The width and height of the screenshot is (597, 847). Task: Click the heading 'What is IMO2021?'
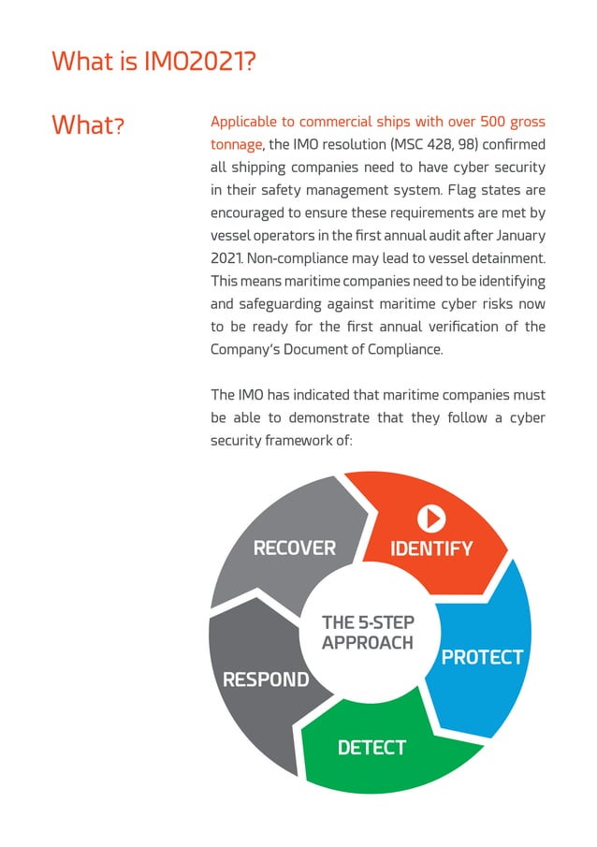154,62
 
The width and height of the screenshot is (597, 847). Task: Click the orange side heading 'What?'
90,124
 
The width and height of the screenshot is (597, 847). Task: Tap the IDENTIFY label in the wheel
431,548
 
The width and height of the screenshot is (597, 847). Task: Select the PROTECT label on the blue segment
482,657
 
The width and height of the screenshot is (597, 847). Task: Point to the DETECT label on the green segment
371,747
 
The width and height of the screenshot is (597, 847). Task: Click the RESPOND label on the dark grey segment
266,679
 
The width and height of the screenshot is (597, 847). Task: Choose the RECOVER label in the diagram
295,548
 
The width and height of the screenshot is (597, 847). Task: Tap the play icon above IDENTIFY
430,518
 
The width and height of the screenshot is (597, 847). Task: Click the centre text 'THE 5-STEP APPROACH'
367,633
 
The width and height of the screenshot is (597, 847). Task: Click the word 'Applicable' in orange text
247,122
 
